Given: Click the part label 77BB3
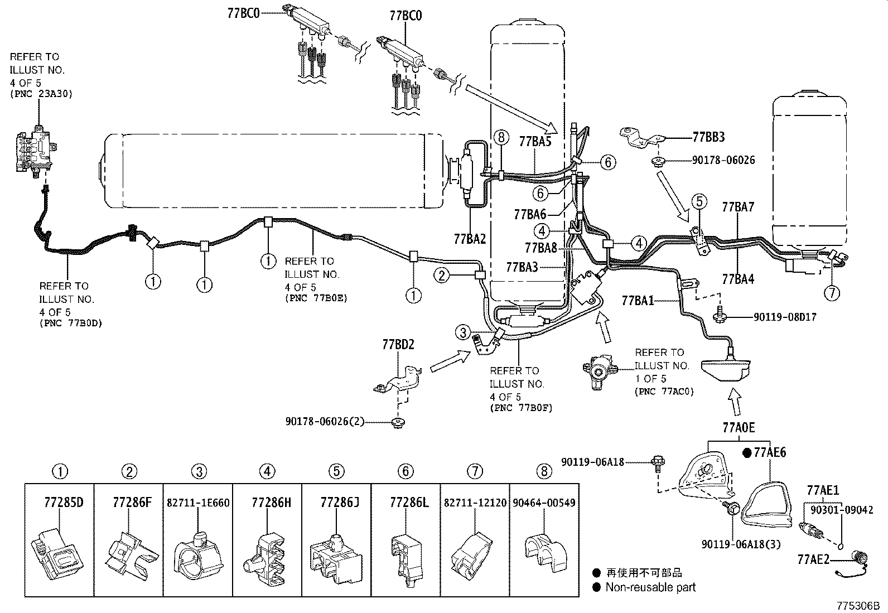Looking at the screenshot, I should (x=708, y=137).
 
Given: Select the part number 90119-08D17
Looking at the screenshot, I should (x=785, y=317).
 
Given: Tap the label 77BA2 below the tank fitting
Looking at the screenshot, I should (x=470, y=239).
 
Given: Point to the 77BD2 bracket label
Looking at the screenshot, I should (x=398, y=344).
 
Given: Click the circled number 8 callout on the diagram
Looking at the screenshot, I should (x=501, y=137).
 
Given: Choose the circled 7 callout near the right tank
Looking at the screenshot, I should (x=831, y=293).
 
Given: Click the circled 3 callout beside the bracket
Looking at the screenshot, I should (x=463, y=333).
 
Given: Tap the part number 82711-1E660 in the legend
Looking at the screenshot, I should (x=198, y=503).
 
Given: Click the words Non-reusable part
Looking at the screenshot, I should (x=650, y=587).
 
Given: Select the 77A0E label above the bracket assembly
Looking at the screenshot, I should (x=739, y=428).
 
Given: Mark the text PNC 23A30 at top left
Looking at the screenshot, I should (x=41, y=94).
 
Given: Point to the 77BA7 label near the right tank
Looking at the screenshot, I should (x=738, y=207).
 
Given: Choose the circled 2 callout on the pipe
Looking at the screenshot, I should (x=441, y=274).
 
